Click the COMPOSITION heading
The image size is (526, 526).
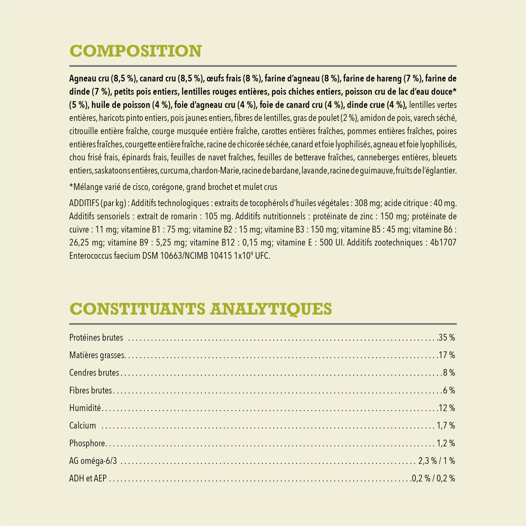(135, 51)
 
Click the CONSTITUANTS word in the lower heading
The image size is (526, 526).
(137, 309)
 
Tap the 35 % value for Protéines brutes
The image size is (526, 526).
(446, 338)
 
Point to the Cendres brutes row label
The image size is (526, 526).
(94, 373)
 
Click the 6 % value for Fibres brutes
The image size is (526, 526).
(449, 390)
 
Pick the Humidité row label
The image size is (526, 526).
(85, 408)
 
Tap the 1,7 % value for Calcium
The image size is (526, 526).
(446, 426)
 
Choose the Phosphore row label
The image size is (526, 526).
(87, 443)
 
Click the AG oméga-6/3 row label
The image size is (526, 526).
(93, 461)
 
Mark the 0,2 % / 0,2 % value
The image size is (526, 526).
(433, 478)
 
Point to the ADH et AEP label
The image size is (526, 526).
(88, 478)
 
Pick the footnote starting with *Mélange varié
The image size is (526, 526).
(173, 187)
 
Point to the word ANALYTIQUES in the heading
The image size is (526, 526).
(271, 309)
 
